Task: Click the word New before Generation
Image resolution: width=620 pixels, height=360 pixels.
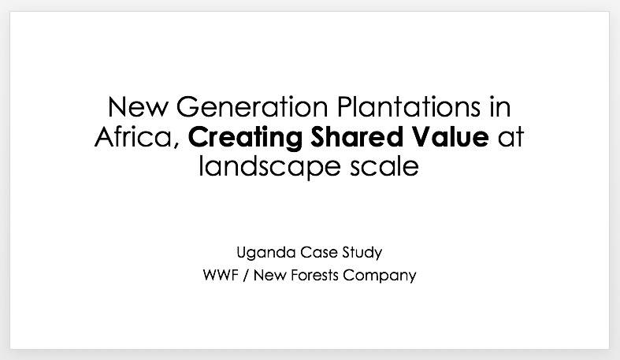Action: coord(138,106)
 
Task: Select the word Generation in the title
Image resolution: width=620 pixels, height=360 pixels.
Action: coord(252,106)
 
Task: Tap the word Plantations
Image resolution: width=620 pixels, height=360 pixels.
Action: coord(409,106)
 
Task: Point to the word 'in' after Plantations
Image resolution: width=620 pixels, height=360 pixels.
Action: coord(500,106)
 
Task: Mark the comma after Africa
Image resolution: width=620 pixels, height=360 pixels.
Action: coord(176,145)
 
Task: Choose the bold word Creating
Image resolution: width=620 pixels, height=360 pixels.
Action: coord(245,138)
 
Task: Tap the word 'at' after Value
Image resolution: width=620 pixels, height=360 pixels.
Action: coord(510,137)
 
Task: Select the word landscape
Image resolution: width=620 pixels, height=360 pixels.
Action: coord(269,167)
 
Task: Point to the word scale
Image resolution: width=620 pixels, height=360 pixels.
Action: coord(384,166)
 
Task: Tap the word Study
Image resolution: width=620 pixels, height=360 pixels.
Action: coord(362,253)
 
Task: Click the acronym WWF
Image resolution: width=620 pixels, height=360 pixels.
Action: coord(221,275)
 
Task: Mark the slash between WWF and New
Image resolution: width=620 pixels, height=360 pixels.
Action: coord(246,276)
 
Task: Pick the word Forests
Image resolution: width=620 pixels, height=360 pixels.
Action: coord(314,275)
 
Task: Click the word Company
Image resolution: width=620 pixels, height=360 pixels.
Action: coord(380,276)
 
